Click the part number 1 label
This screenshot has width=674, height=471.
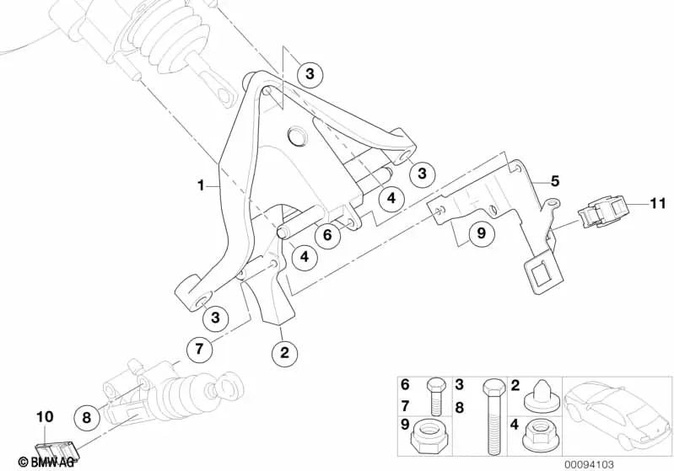coord(200,186)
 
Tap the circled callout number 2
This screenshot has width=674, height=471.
coord(284,352)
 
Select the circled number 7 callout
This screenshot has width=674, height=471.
coord(199,349)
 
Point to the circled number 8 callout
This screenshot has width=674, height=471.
coord(86,417)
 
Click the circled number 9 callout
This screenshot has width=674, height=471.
coord(482,233)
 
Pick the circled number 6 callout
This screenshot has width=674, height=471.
coord(327,235)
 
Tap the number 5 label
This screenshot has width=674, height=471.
coord(555,181)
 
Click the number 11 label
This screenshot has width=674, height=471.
coord(658,203)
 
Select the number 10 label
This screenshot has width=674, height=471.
coord(45,416)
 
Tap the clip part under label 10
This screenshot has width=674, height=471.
coord(57,452)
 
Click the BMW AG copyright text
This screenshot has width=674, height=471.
coord(46,462)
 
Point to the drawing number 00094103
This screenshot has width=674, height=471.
coord(590,464)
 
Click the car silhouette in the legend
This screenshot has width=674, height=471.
coord(617,416)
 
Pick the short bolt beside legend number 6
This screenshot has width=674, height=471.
coord(436,396)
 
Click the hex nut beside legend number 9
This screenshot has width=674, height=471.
coord(429,435)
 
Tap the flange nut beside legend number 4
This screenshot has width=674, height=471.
coord(538,436)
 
